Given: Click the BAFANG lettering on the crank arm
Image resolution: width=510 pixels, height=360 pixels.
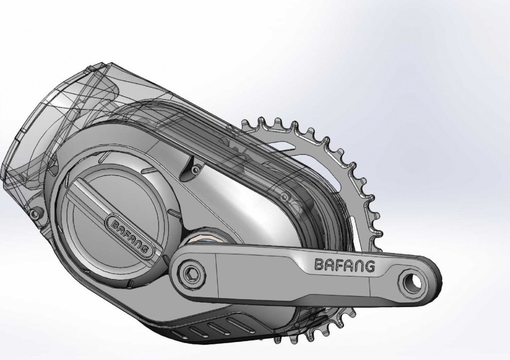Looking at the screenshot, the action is click(x=345, y=265).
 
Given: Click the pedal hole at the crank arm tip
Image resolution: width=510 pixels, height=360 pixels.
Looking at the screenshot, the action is click(x=412, y=281).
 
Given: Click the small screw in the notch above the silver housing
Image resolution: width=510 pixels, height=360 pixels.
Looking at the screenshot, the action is click(x=195, y=170).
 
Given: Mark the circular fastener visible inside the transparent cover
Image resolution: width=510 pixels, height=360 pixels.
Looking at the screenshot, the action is click(x=284, y=197).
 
